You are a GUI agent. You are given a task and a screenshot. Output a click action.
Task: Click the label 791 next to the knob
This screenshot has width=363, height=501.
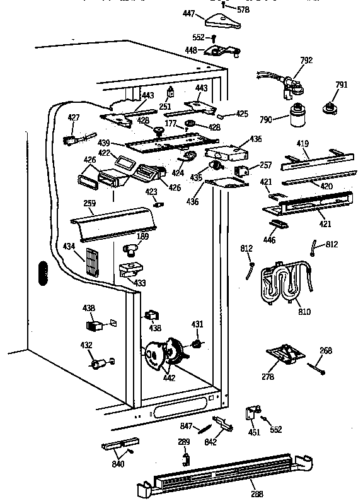[342, 85]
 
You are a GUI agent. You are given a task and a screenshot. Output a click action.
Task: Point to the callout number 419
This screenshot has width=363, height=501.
[302, 144]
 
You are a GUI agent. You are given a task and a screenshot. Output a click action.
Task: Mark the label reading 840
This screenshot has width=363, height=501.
[118, 464]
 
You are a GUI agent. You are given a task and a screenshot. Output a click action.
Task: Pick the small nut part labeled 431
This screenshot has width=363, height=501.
[197, 344]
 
